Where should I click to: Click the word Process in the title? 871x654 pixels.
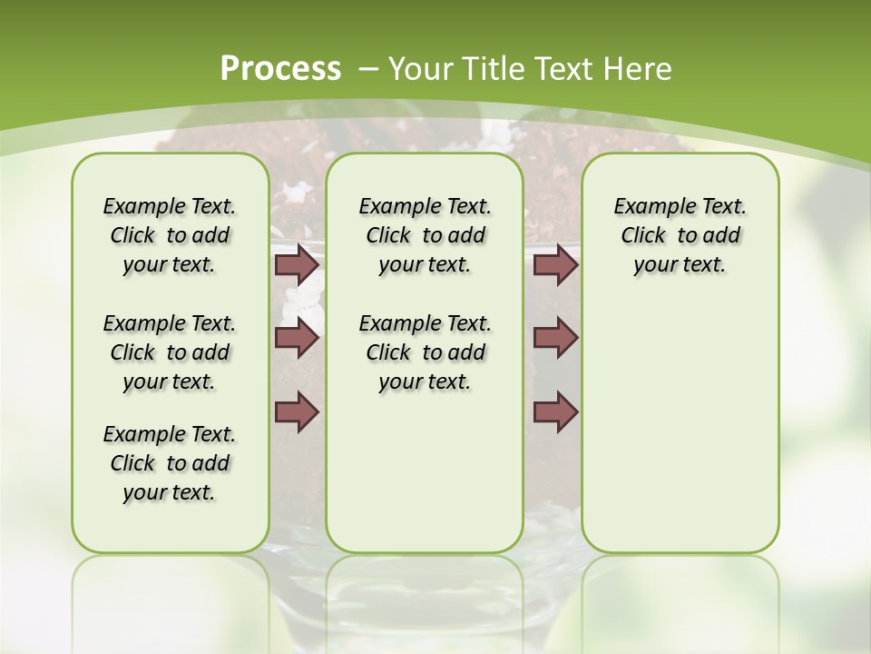tap(280, 68)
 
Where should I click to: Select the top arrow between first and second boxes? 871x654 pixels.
tap(297, 264)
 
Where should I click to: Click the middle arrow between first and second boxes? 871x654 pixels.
tap(297, 338)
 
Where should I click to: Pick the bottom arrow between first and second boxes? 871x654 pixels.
tap(297, 412)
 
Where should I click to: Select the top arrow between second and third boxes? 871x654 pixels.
tap(555, 264)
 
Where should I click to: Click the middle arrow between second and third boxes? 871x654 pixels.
tap(555, 338)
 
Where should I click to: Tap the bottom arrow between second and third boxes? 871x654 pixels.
tap(555, 412)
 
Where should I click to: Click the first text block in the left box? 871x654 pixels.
tap(170, 235)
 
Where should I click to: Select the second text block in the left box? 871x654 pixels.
tap(170, 352)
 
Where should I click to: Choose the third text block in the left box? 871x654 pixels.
tap(170, 463)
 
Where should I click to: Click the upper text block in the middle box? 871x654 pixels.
tap(425, 235)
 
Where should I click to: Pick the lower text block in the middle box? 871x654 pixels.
tap(425, 352)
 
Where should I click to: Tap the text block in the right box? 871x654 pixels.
tap(680, 235)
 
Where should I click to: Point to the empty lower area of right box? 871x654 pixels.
tap(680, 427)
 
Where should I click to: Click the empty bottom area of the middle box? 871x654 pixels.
tap(425, 481)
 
